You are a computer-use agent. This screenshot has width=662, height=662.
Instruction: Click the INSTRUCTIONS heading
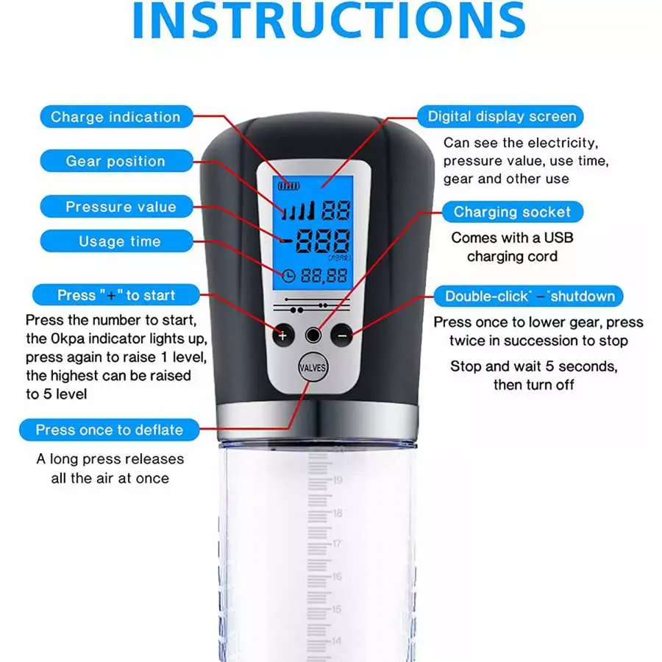tap(329, 21)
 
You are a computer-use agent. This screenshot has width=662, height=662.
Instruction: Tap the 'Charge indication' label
tap(116, 116)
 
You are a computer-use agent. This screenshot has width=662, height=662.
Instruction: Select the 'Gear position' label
tap(116, 161)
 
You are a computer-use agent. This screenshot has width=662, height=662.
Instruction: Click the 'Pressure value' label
tap(116, 207)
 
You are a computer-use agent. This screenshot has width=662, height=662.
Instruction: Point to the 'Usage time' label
tap(116, 241)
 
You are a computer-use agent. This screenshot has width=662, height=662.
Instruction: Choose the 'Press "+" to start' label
tap(116, 295)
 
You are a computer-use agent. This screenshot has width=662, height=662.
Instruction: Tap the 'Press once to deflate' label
tap(110, 430)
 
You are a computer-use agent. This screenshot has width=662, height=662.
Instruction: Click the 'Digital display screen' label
tap(500, 116)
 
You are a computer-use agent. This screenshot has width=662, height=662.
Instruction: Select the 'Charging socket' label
tap(513, 212)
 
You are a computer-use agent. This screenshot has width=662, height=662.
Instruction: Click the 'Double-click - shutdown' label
tap(529, 296)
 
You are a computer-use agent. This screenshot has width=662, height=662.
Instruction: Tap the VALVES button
tap(313, 367)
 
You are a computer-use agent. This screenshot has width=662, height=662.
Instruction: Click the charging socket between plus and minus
tap(313, 335)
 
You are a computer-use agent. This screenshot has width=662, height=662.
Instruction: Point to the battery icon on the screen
tap(288, 186)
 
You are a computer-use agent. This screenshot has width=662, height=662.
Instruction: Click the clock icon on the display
tap(288, 276)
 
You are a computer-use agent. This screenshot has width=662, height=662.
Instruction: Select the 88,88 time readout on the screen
tap(324, 276)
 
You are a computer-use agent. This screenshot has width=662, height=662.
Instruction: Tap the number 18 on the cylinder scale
tap(338, 513)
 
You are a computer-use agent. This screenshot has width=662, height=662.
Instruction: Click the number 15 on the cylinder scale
tap(336, 609)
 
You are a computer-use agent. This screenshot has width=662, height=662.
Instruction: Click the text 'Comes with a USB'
tap(512, 238)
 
